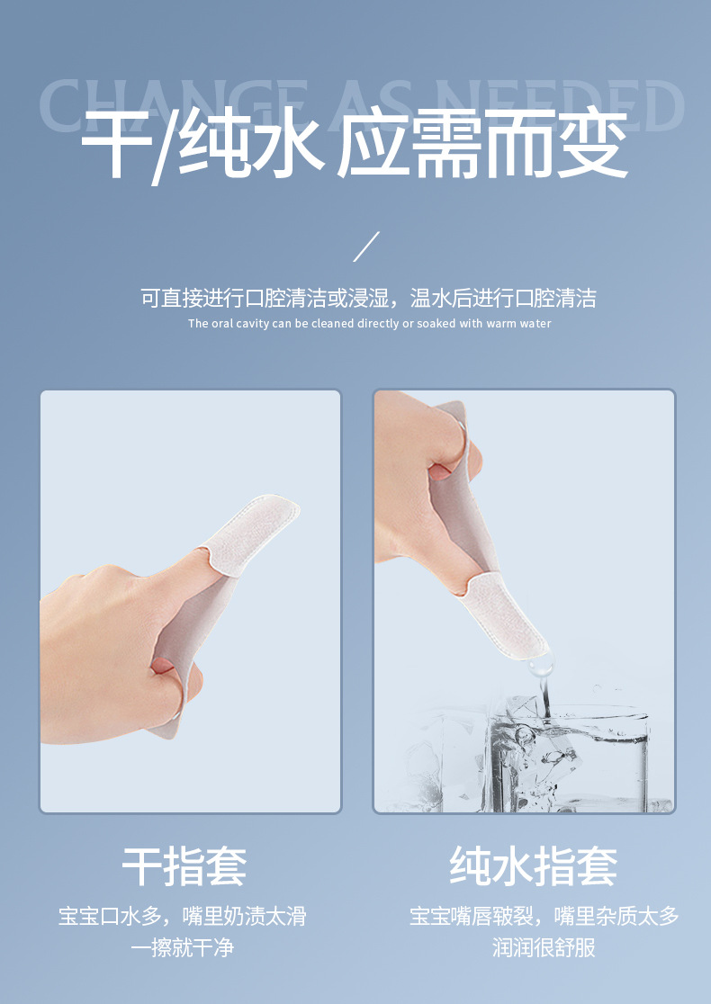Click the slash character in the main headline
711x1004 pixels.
(x=166, y=146)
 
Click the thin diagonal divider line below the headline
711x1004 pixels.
(x=366, y=247)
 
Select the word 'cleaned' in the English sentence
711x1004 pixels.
(x=333, y=323)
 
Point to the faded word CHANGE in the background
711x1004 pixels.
(x=173, y=104)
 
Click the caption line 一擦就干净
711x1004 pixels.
(x=183, y=947)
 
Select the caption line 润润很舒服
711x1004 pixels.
(x=544, y=947)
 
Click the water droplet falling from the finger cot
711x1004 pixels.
(x=541, y=668)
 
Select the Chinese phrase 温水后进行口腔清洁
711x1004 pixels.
(x=503, y=299)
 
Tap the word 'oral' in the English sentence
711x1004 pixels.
(x=221, y=323)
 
